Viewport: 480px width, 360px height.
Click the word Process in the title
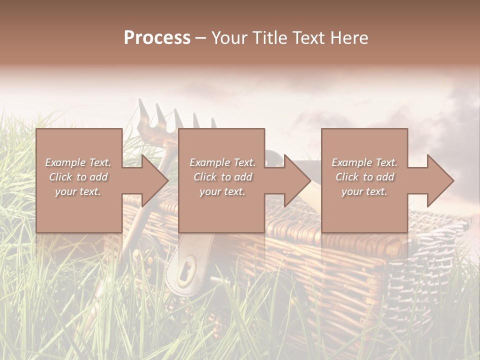click(157, 38)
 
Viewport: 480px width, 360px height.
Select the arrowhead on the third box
click(440, 180)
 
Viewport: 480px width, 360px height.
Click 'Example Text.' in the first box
click(78, 162)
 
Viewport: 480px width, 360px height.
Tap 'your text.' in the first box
click(78, 191)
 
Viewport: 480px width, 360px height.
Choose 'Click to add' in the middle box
click(222, 177)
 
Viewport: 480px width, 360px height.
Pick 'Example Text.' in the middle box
click(222, 162)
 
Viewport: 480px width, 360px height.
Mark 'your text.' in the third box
click(364, 191)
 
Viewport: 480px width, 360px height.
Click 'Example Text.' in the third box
click(364, 162)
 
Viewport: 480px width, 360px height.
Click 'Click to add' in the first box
click(78, 177)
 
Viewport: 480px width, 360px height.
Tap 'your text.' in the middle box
click(222, 191)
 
